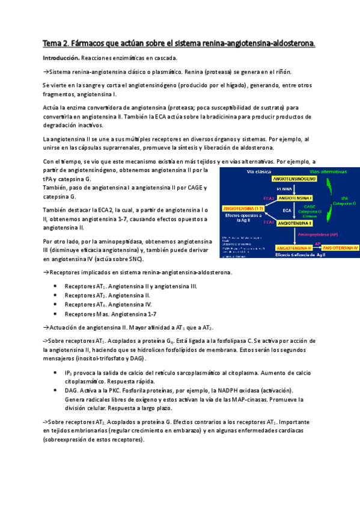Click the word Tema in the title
(x=52, y=43)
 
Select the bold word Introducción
(x=61, y=58)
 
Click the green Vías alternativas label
(x=328, y=171)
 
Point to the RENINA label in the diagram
(x=284, y=188)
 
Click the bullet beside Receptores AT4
(x=55, y=305)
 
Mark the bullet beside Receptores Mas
(x=55, y=314)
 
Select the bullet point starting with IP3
(x=55, y=373)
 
